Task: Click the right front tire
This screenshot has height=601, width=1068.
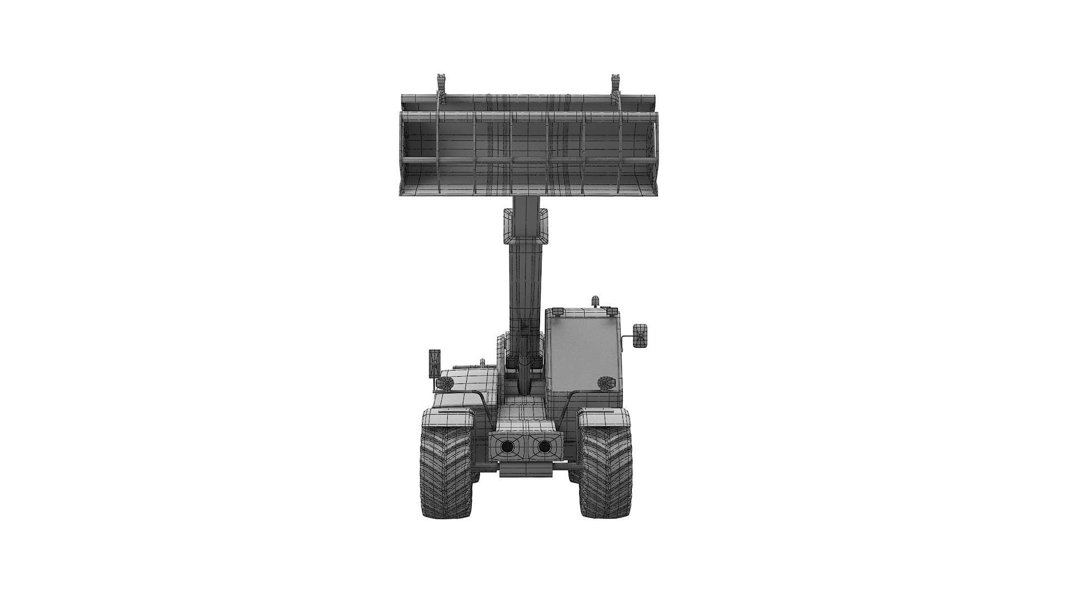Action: pos(605,473)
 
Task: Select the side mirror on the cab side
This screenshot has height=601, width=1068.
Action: pos(640,336)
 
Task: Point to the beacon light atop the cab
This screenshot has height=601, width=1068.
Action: pos(596,302)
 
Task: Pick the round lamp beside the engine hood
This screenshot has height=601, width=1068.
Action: pos(446,383)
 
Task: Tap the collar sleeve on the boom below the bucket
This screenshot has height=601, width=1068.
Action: pos(526,226)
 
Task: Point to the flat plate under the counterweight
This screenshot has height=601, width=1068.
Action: pos(526,471)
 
